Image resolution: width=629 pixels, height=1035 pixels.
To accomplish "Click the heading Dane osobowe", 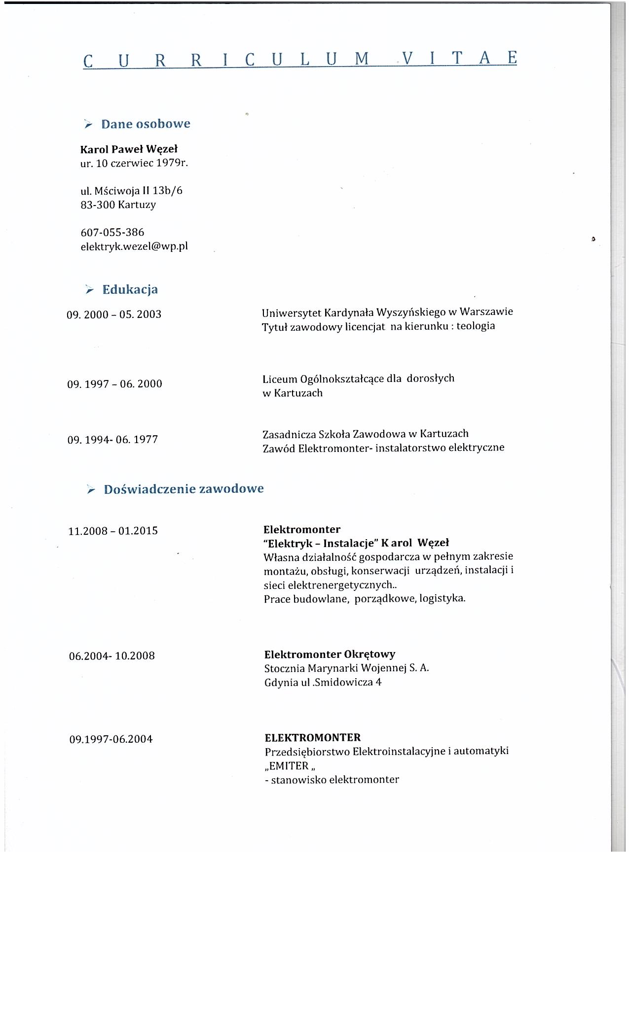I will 146,124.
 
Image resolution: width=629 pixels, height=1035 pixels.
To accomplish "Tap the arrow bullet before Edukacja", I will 89,290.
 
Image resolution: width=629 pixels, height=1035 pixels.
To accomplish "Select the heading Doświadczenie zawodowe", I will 184,489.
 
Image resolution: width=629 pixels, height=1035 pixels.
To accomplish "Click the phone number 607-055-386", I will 112,232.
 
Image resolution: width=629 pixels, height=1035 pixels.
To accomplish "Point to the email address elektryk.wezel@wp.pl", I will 134,246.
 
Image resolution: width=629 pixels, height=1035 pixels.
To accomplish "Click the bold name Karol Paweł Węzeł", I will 129,149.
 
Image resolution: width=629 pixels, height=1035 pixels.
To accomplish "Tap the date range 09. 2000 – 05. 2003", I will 114,314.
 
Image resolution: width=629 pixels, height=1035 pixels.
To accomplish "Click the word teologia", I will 476,326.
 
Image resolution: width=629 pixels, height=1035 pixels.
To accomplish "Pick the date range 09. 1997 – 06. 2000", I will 114,384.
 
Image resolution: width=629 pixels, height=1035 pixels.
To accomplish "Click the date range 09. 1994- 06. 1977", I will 112,440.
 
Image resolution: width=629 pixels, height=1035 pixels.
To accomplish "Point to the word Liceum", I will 280,379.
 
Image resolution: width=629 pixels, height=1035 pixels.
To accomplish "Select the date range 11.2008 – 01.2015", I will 113,531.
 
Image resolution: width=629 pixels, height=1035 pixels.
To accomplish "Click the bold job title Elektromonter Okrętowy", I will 330,655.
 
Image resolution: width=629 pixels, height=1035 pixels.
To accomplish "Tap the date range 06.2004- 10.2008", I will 112,656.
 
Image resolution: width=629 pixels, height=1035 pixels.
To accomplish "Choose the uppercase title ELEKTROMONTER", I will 313,738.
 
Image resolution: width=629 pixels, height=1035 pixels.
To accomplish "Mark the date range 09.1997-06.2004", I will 111,739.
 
